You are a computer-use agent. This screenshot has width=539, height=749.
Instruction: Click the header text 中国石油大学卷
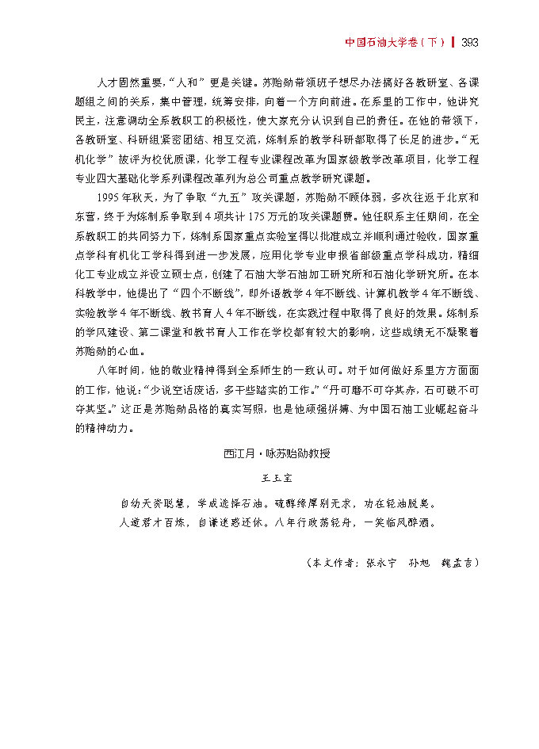click(382, 42)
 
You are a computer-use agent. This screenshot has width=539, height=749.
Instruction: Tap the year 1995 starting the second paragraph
click(109, 195)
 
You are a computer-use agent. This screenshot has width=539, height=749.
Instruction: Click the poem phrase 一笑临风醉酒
click(399, 522)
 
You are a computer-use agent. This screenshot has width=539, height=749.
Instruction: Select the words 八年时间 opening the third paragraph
click(117, 369)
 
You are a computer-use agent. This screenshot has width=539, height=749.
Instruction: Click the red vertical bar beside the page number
click(453, 42)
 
